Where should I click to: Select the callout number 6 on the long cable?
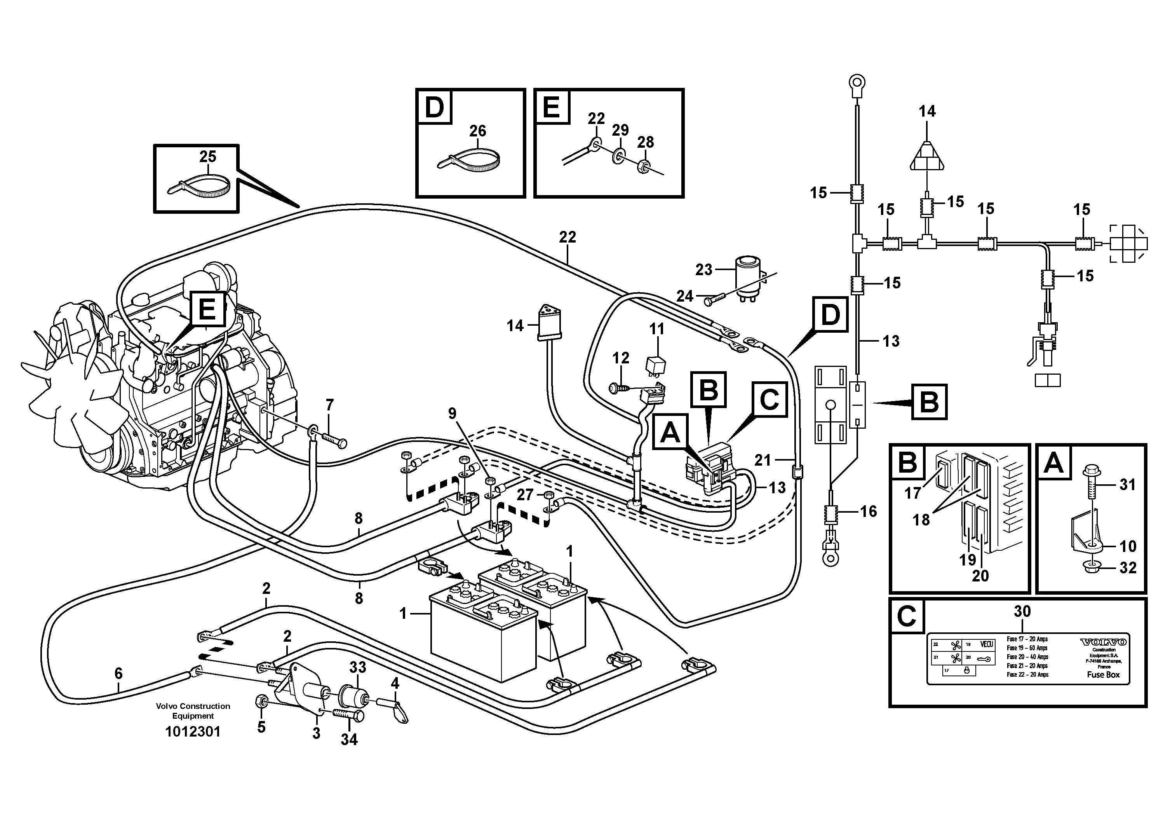click(x=118, y=674)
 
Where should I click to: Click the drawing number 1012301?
click(x=193, y=732)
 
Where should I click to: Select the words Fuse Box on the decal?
click(x=1103, y=674)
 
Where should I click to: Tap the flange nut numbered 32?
click(x=1092, y=568)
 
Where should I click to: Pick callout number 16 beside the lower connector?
click(x=868, y=512)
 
